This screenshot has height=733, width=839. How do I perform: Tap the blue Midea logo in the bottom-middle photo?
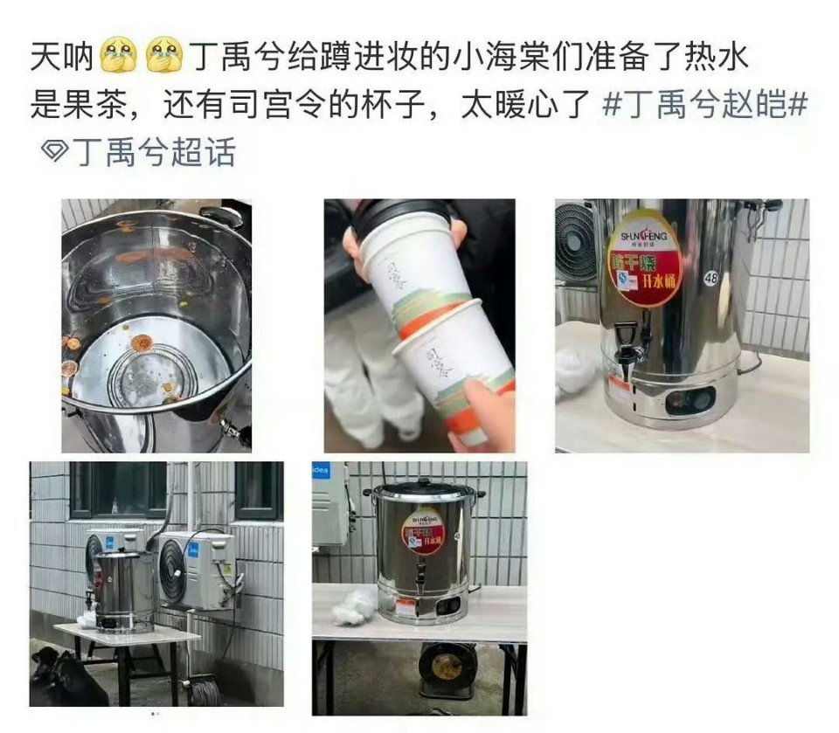point(320,472)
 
